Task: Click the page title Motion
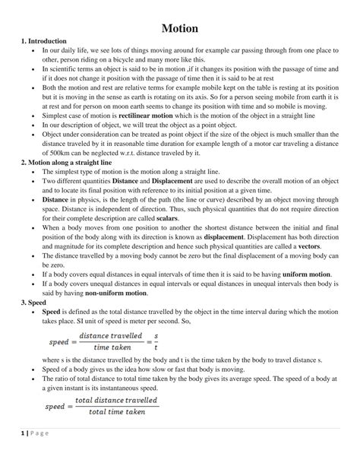click(180, 28)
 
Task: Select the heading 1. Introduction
click(45, 40)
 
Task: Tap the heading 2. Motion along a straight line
click(67, 163)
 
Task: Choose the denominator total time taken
click(116, 413)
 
